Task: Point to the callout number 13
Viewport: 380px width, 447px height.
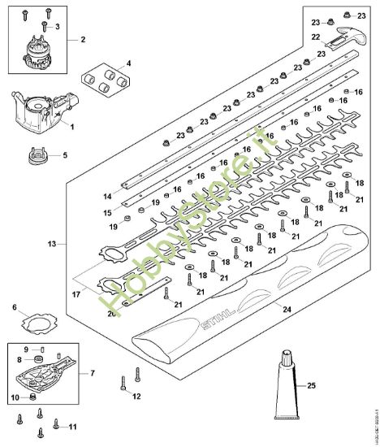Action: point(54,243)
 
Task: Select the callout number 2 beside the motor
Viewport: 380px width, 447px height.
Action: point(81,39)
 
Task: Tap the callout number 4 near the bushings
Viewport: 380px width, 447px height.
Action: point(126,63)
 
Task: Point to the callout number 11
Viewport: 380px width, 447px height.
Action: point(72,426)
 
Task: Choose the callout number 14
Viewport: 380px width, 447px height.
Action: point(106,197)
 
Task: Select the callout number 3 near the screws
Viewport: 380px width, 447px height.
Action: point(56,27)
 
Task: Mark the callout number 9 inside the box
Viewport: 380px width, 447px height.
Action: point(26,349)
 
